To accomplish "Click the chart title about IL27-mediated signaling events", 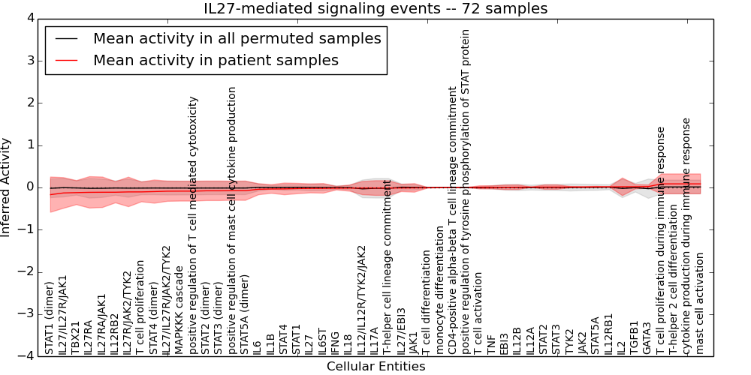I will (x=375, y=9).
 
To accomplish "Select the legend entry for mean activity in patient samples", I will (x=216, y=61).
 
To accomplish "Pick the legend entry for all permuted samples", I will (x=237, y=38).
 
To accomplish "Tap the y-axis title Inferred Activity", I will (x=7, y=187).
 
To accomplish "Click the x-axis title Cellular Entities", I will (x=375, y=367).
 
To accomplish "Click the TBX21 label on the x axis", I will (x=75, y=337).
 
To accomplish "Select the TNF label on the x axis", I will (x=491, y=344).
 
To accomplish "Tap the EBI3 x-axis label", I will (x=504, y=343).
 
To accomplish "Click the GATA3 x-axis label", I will (x=647, y=338).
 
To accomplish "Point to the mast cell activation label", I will (x=699, y=304).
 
